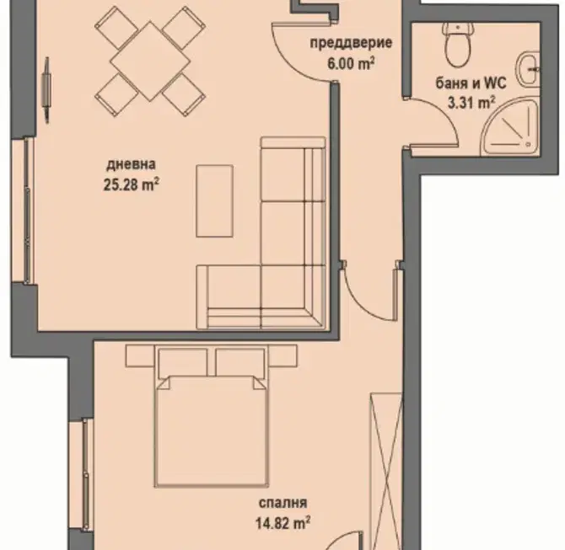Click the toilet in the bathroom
click(x=458, y=44)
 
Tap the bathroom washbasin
click(x=529, y=70)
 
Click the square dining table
click(x=150, y=61)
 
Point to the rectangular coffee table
click(x=214, y=201)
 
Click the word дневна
click(x=132, y=164)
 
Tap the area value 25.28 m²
click(x=132, y=185)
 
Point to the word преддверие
click(x=351, y=43)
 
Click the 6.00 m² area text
click(x=351, y=64)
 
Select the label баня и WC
click(x=471, y=83)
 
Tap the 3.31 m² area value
click(x=471, y=104)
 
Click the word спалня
click(x=282, y=503)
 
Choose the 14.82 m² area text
click(x=283, y=523)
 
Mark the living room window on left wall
click(x=25, y=211)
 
